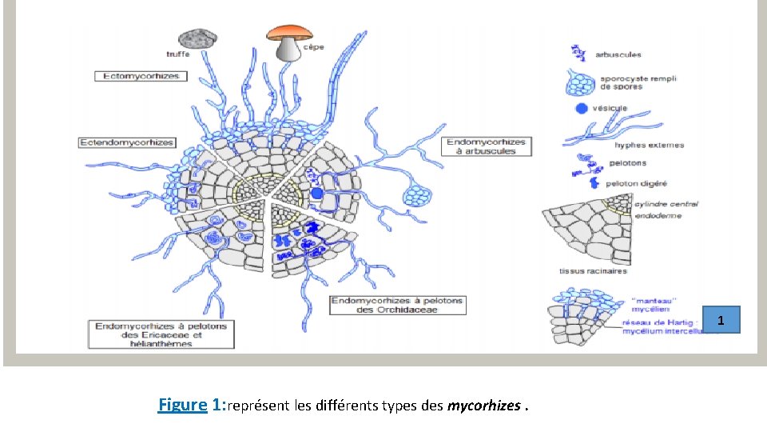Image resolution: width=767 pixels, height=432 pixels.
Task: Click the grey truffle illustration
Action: point(197,38)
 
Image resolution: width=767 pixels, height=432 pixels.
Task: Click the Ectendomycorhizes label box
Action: point(126,142)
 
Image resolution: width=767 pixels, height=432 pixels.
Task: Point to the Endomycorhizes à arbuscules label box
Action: point(487,146)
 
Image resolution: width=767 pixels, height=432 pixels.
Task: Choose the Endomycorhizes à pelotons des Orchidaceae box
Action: point(397,305)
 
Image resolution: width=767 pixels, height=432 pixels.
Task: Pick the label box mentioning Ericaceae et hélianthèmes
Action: point(161,333)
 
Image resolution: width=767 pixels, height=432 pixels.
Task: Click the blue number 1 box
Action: point(721,321)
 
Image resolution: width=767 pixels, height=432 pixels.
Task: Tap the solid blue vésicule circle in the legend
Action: point(581,109)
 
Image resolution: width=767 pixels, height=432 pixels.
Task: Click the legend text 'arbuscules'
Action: point(618,55)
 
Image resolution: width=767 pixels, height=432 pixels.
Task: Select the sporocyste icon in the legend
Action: point(582,82)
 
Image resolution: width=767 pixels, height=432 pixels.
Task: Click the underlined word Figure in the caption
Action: point(182,405)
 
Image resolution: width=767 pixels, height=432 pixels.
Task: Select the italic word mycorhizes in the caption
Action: point(482,406)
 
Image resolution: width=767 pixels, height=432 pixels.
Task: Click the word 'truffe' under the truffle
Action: point(178,54)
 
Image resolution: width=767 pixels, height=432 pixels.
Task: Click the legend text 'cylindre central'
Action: point(666,204)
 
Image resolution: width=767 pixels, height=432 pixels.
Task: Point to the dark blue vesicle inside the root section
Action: point(316,194)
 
